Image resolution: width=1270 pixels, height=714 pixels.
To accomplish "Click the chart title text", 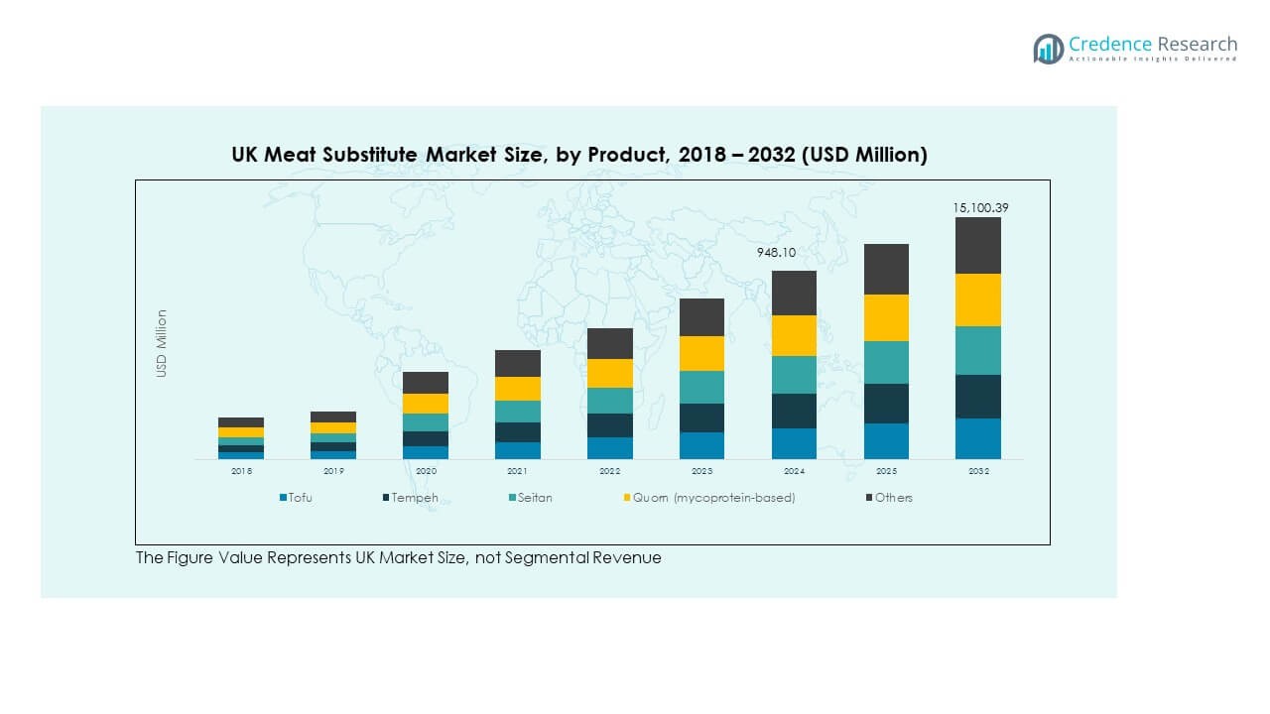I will coord(579,155).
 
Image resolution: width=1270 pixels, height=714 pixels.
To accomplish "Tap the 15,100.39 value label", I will coord(980,207).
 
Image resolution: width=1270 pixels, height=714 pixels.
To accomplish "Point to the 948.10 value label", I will coord(776,253).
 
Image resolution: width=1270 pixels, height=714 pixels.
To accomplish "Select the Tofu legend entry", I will coord(299,498).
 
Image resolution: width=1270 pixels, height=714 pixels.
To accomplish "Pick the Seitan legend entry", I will coord(534,498).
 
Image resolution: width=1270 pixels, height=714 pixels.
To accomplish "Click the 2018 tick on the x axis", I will coord(241,471).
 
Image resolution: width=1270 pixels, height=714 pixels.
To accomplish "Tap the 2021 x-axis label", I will coord(518,471).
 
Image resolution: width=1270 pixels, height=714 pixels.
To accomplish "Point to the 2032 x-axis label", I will coord(978,471).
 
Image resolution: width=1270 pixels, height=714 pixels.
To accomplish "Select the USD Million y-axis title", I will coord(162,343).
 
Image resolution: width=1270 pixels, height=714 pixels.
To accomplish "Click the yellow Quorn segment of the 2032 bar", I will coord(978,299).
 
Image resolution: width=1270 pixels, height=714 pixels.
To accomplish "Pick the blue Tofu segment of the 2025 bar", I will coord(886,441).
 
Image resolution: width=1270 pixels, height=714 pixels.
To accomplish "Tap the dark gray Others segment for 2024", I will coord(794,293).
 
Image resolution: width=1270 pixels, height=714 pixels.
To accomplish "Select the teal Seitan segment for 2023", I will coord(701,387).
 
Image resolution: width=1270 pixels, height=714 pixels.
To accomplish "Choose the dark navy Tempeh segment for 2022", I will coord(609,425).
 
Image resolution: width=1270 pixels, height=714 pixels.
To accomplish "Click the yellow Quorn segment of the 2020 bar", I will coord(426,404).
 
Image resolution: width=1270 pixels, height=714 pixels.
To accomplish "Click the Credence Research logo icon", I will coord(1048,49).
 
